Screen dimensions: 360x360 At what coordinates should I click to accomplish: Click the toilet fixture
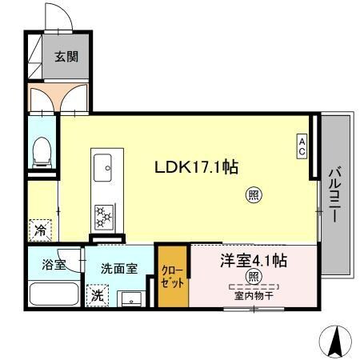coord(42,151)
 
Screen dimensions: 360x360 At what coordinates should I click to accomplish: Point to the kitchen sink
coord(103,169)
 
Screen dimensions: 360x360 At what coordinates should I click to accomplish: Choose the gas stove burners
coord(103,214)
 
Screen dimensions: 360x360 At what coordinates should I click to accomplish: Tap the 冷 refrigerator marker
coord(41,230)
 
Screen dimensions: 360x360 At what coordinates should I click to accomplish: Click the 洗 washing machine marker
coord(96,295)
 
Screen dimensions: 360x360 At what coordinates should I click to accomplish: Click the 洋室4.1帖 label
coord(254,260)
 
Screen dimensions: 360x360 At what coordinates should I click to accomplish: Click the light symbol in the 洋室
coord(253,277)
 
